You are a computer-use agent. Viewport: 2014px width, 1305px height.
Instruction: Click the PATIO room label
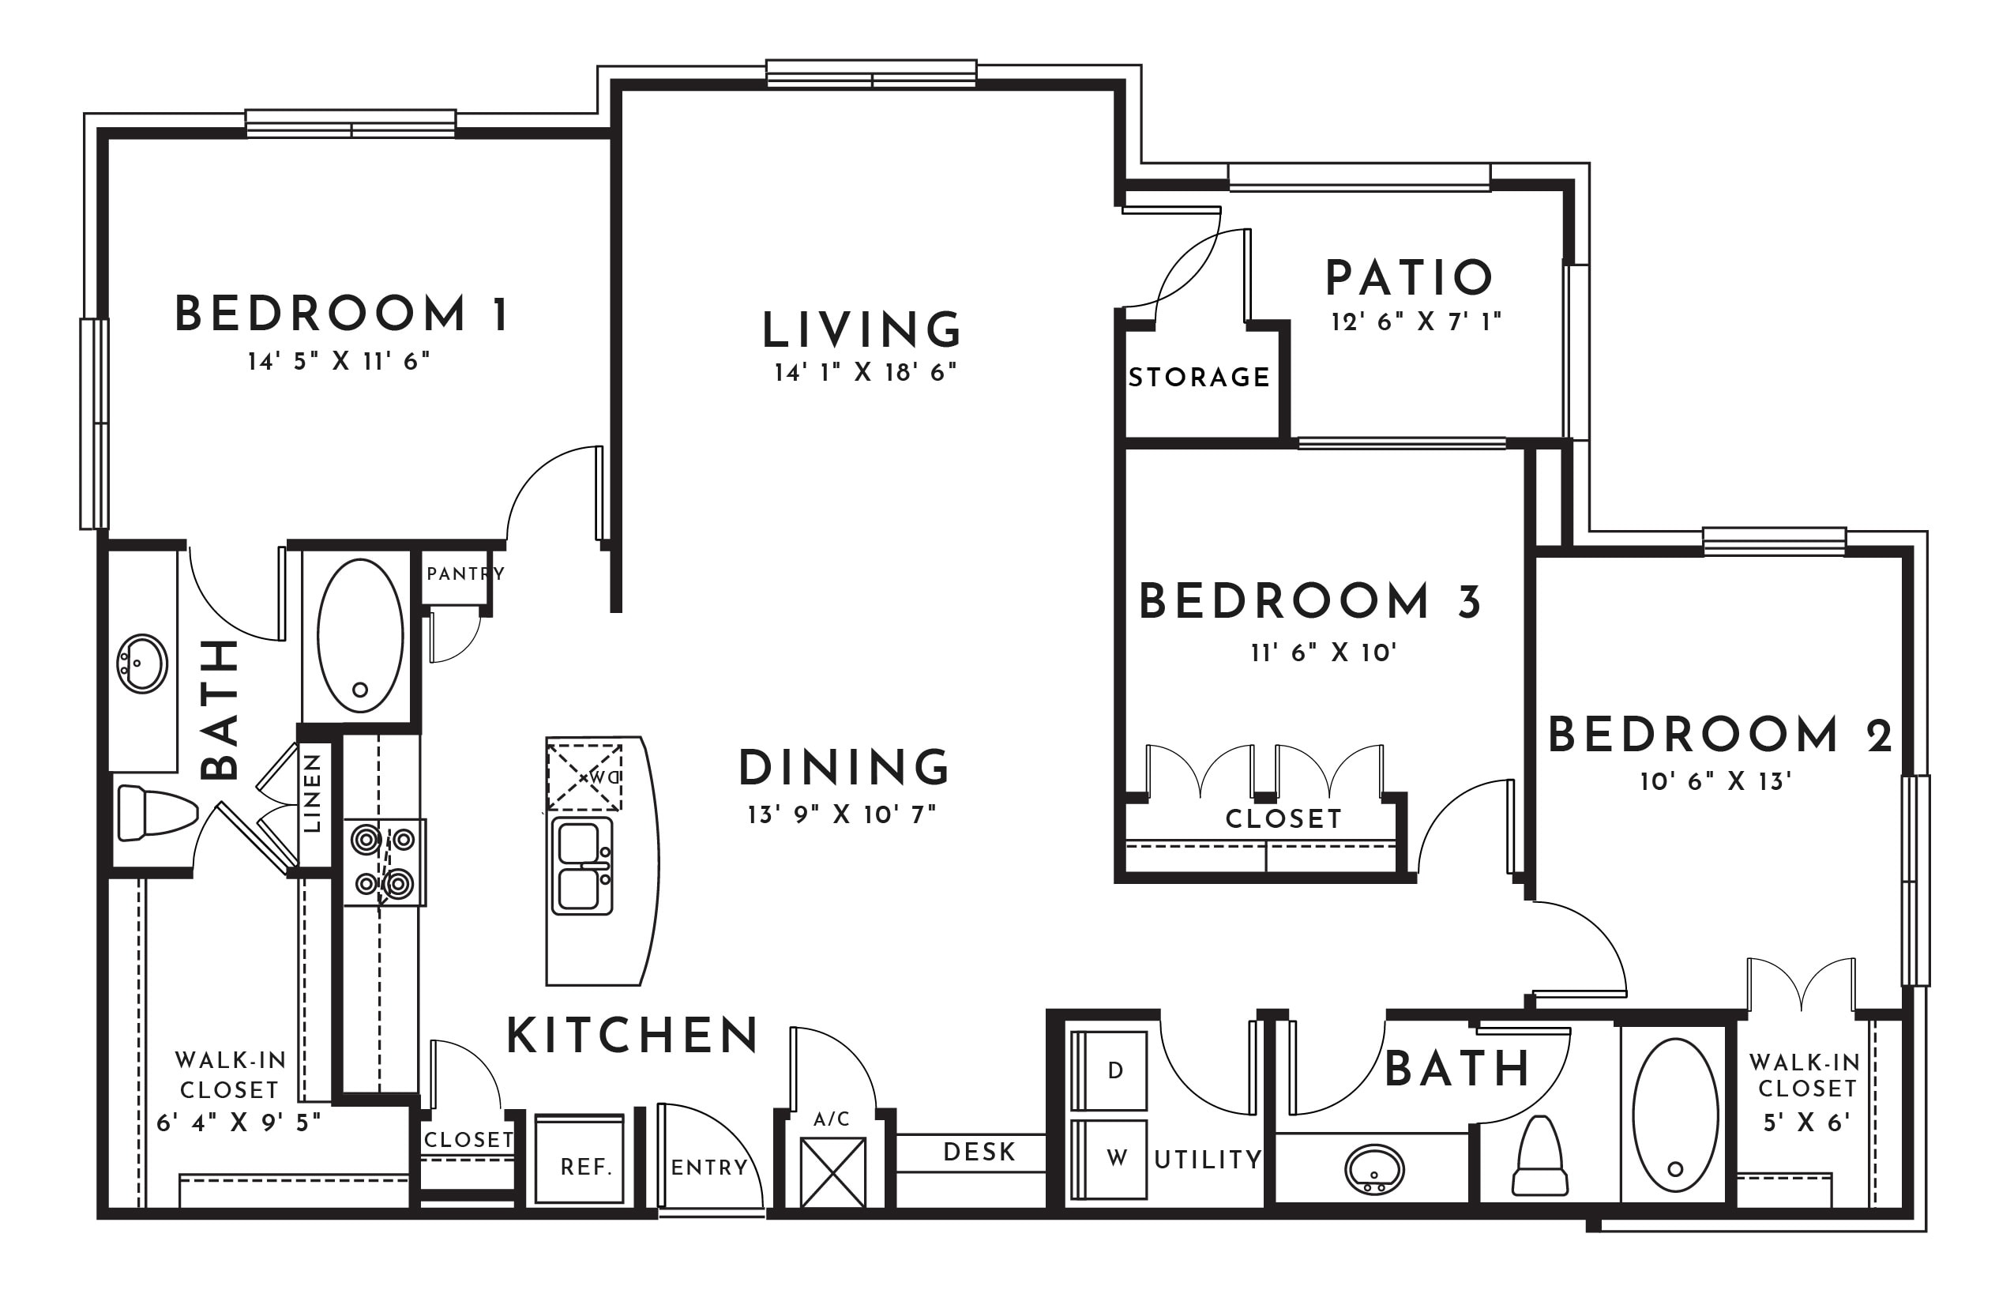pos(1409,277)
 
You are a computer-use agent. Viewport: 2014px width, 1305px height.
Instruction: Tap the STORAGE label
pos(1199,377)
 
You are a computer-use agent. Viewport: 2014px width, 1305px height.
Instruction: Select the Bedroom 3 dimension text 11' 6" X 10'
pos(1324,652)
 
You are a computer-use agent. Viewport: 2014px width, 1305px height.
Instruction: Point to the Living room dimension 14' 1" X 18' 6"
pos(865,372)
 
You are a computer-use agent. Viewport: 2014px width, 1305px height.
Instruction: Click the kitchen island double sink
pos(582,865)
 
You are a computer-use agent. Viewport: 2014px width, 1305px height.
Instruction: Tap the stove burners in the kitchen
pos(384,862)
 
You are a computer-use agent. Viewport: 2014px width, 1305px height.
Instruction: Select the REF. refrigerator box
pos(580,1159)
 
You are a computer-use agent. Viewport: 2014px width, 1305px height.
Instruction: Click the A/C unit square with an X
pos(832,1172)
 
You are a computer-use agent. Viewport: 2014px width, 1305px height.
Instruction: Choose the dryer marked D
pos(1110,1070)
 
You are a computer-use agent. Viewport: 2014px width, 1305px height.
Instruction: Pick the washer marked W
pos(1110,1160)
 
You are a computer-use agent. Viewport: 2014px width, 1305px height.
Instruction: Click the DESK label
pos(979,1152)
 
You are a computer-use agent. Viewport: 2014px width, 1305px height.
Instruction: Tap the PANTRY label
pos(465,574)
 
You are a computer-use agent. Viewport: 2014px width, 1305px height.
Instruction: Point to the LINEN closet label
pos(312,793)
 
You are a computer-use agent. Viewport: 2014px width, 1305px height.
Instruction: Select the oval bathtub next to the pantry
pos(360,635)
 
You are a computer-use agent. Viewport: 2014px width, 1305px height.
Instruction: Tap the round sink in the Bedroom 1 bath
pos(142,664)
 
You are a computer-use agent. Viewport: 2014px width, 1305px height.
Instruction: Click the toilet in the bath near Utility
pos(1539,1155)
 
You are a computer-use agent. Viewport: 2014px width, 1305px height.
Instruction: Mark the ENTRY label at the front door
pos(709,1168)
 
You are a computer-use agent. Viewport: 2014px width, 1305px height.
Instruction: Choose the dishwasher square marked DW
pos(584,777)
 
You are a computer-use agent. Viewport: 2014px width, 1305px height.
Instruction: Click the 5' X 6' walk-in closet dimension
pos(1805,1123)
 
